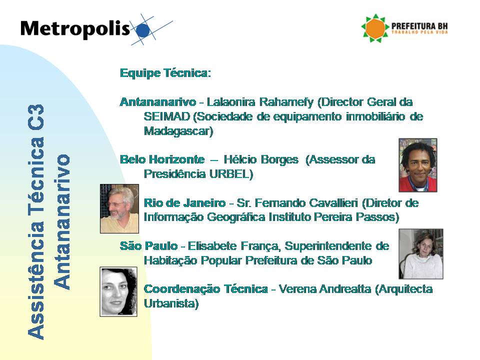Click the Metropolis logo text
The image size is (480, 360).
point(75,29)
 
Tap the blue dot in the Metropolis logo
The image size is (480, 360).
point(142,30)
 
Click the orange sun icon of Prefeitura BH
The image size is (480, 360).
point(375,28)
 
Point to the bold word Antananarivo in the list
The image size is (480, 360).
point(158,102)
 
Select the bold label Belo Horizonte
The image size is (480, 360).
point(162,159)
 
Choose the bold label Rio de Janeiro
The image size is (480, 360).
point(184,203)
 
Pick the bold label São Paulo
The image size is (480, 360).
point(148,246)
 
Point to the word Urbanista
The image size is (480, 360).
point(170,303)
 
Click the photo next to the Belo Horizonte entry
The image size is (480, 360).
point(417,165)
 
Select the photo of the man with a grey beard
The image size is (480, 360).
point(119,208)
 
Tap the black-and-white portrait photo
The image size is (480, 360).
point(118,291)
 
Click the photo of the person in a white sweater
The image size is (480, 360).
point(420,254)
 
